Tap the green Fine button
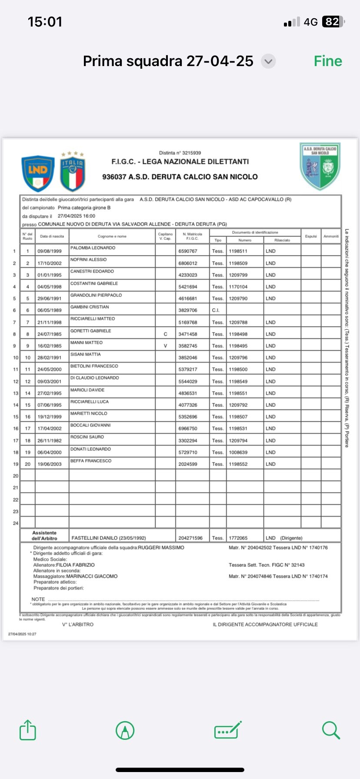[x=328, y=61]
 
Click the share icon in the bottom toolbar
[x=28, y=730]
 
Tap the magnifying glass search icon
[x=331, y=730]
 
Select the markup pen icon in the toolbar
[x=125, y=730]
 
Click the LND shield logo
[x=38, y=173]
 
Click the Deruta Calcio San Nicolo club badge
[x=320, y=166]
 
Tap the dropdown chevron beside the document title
[x=268, y=61]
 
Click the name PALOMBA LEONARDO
[x=93, y=248]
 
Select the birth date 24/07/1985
[x=50, y=334]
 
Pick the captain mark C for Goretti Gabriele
[x=165, y=334]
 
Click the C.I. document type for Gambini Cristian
[x=216, y=310]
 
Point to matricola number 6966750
[x=188, y=429]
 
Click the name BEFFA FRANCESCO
[x=91, y=461]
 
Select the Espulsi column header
[x=311, y=236]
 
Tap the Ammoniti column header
[x=331, y=236]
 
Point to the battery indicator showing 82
[x=333, y=22]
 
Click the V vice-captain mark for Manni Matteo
[x=165, y=346]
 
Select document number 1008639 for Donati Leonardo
[x=238, y=453]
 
